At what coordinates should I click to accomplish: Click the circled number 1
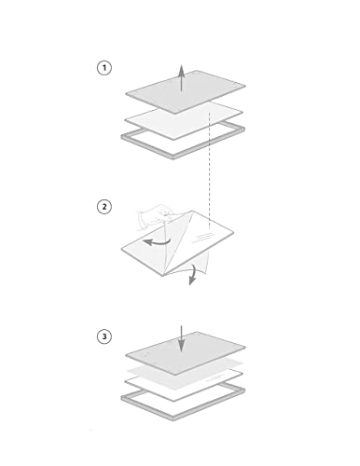104,68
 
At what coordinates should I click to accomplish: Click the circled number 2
104,207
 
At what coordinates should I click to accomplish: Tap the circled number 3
104,336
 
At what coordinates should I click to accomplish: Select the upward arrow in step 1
182,78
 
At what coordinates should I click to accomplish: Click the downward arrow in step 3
182,339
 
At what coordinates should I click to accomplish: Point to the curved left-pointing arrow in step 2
157,242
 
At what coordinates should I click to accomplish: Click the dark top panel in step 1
186,91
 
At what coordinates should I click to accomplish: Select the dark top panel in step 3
186,353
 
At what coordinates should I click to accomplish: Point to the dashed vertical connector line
210,171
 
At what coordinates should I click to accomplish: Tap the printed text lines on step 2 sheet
202,237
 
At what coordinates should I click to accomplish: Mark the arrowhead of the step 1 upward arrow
182,69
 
